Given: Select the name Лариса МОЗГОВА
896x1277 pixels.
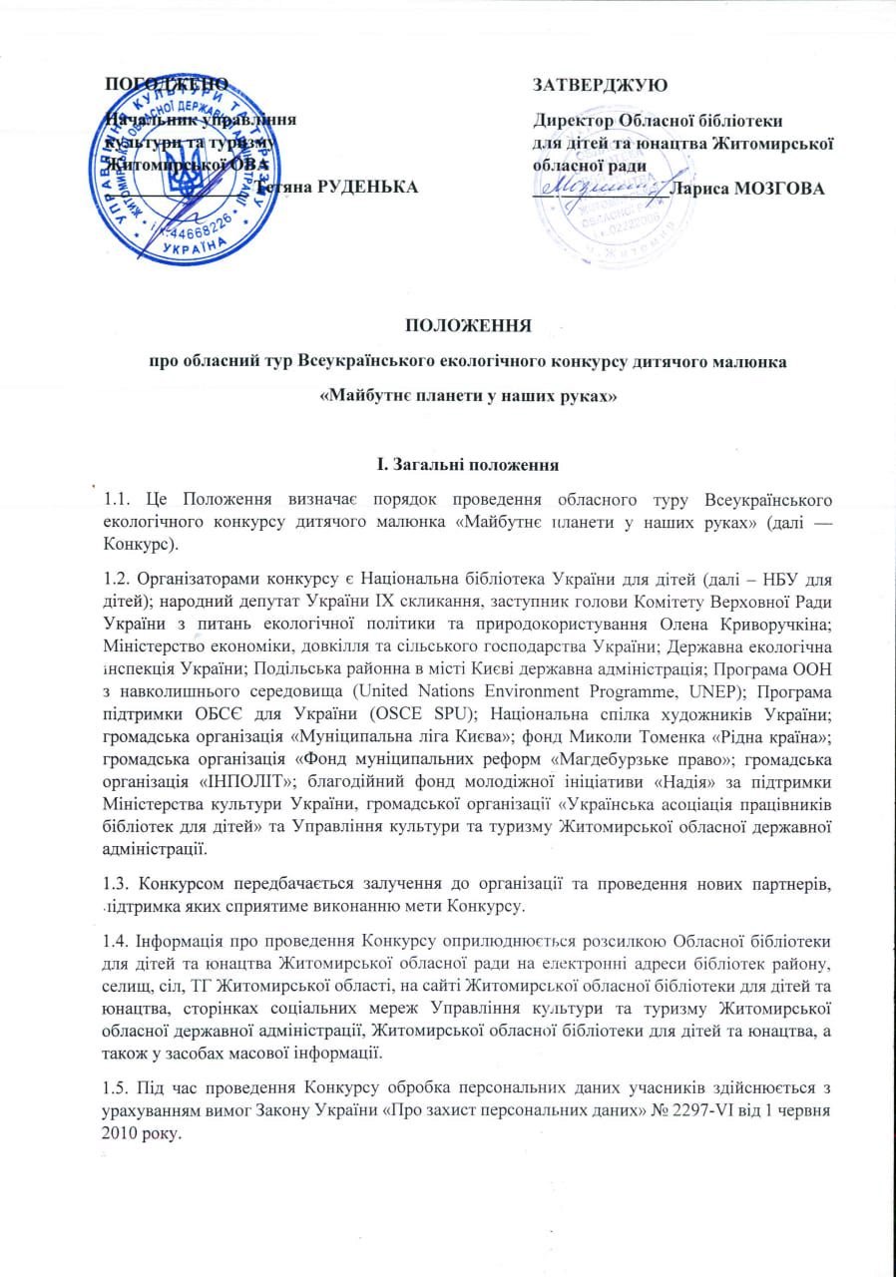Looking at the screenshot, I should tap(748, 187).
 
